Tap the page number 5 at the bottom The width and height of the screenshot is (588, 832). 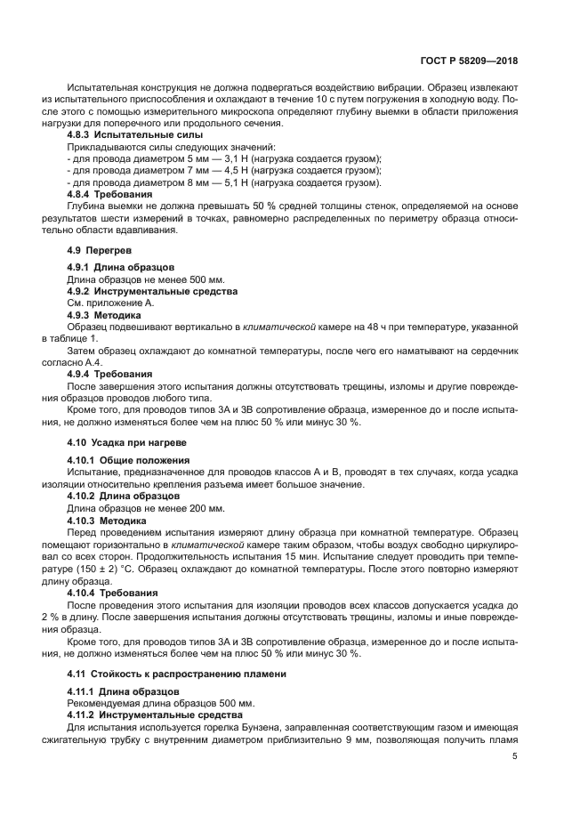pos(515,756)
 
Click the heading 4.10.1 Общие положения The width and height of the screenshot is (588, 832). pos(120,459)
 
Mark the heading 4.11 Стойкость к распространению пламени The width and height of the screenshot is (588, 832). pos(177,674)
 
